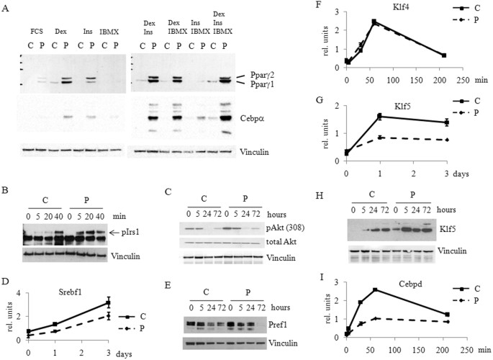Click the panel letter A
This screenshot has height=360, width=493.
point(6,7)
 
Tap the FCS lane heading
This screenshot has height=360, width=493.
point(37,32)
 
